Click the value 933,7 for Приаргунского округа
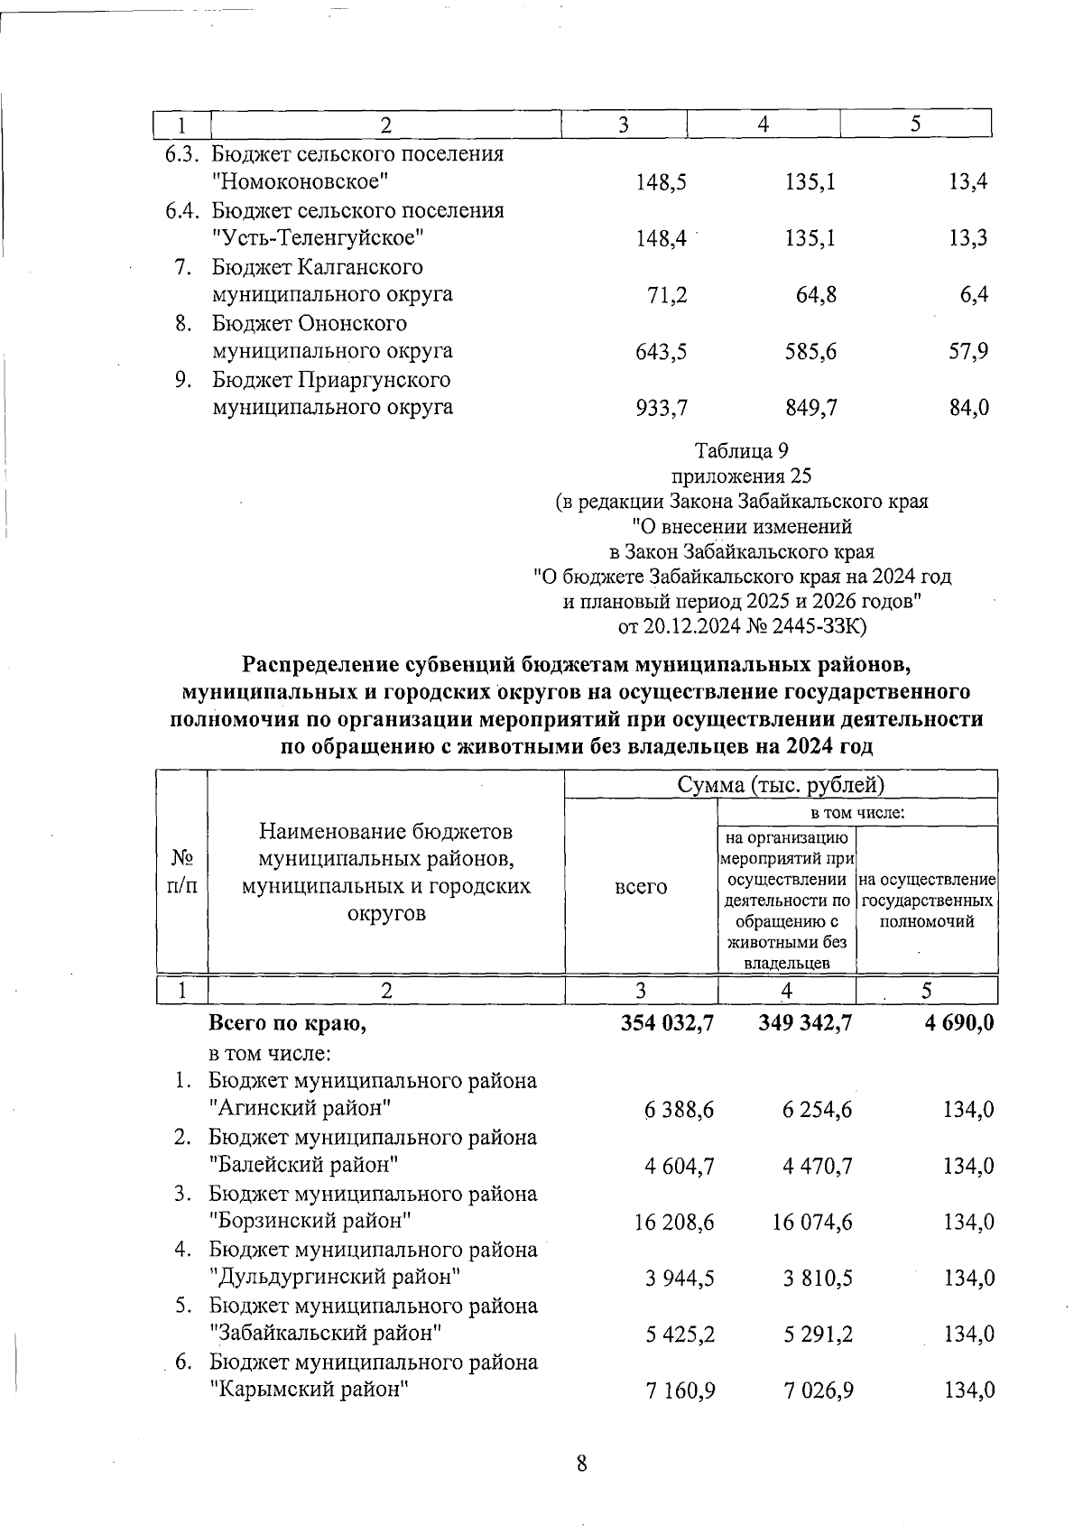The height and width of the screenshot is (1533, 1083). coord(662,408)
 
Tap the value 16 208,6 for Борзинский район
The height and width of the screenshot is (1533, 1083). coord(673,1222)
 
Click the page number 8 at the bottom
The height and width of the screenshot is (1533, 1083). coord(581,1464)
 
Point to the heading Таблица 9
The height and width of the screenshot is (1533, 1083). coord(742,449)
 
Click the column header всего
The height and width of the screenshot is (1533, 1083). coord(641,887)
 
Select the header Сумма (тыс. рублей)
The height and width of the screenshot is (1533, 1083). coord(781,784)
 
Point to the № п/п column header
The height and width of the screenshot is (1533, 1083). coord(181,872)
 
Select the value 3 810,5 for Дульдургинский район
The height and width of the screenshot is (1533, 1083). coord(818,1278)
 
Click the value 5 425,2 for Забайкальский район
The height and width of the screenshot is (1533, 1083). coord(680,1334)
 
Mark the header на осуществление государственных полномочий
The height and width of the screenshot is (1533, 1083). coord(927,900)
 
